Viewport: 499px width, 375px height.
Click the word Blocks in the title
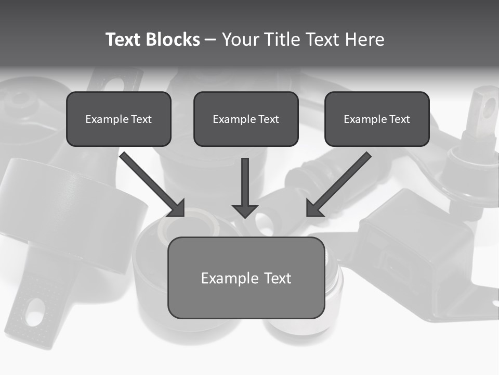click(x=172, y=40)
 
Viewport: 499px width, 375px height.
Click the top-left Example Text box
click(x=119, y=119)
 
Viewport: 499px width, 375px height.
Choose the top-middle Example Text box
click(x=246, y=119)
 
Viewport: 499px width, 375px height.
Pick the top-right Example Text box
click(x=377, y=119)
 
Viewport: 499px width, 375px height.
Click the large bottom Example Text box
click(x=246, y=278)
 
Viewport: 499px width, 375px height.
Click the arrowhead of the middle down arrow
click(x=245, y=210)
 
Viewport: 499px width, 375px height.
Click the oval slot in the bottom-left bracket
click(x=35, y=311)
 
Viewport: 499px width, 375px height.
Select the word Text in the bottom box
click(x=278, y=278)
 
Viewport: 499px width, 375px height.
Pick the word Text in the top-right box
click(x=399, y=119)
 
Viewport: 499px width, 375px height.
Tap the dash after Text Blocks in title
click(x=211, y=40)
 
